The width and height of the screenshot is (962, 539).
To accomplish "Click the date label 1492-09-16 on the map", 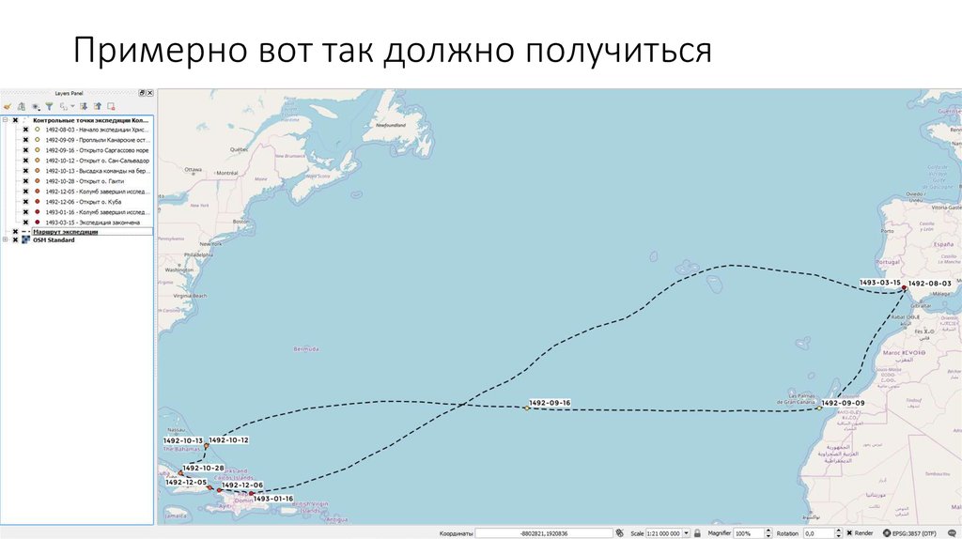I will (x=550, y=403).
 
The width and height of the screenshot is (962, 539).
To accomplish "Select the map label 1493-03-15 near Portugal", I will (x=879, y=283).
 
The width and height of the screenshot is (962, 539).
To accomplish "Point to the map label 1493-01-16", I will (x=273, y=499).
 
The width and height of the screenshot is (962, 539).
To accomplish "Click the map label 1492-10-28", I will (x=204, y=468).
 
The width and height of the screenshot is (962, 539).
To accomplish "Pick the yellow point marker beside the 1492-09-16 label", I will (x=526, y=408).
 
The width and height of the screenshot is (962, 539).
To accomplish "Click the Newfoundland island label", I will (x=390, y=125).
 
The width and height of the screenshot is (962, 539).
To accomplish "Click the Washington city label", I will (x=178, y=270).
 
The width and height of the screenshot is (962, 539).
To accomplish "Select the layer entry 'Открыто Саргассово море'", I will (x=96, y=150).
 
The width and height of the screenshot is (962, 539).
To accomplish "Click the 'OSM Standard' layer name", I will (x=54, y=240).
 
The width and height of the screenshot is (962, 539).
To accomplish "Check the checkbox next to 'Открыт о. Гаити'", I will (x=26, y=181).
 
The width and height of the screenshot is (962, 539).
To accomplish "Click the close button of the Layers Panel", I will (x=149, y=93).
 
